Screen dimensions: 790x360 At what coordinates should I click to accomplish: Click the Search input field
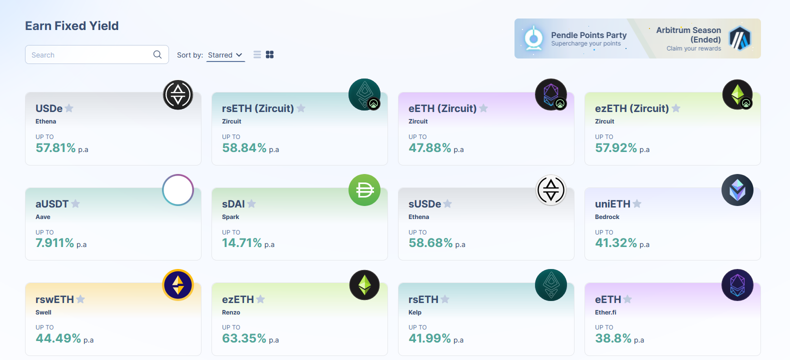tap(96, 54)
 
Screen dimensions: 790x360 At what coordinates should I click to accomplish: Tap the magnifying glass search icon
tap(157, 54)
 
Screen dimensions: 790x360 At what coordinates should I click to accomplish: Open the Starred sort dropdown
tap(225, 55)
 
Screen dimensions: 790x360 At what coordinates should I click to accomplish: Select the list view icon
tap(257, 54)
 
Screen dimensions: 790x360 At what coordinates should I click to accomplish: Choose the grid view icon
tap(270, 54)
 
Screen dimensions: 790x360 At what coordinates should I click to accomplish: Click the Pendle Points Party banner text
tap(588, 35)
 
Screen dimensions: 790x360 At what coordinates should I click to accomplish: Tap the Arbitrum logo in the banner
tap(740, 38)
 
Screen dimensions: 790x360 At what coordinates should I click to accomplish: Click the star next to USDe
tap(69, 108)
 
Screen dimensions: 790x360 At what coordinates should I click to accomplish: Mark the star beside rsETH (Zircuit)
tap(301, 108)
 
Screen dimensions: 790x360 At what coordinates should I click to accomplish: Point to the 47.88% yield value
tap(430, 147)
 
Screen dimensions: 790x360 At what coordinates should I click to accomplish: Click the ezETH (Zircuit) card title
tap(632, 108)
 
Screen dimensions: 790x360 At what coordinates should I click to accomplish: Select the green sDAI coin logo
tap(364, 190)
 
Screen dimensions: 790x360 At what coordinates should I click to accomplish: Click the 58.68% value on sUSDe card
tap(430, 243)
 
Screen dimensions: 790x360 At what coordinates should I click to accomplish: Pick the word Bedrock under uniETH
tap(607, 217)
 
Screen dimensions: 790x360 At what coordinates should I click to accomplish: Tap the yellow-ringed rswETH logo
tap(178, 285)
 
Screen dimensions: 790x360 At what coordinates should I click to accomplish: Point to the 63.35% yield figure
tap(244, 338)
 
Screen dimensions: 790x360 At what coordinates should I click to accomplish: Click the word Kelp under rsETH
tap(415, 312)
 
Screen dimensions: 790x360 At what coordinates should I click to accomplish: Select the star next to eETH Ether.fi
tap(627, 299)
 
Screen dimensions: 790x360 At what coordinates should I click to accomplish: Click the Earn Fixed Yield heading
tap(71, 25)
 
